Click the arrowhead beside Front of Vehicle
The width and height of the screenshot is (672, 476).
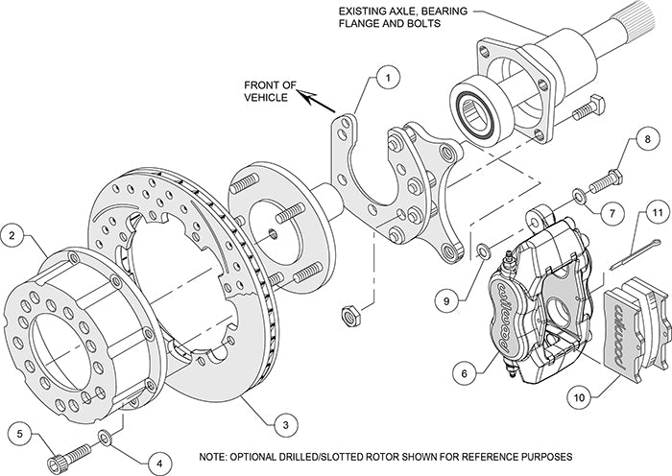point(301,94)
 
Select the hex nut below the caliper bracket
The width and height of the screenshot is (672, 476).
point(351,313)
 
